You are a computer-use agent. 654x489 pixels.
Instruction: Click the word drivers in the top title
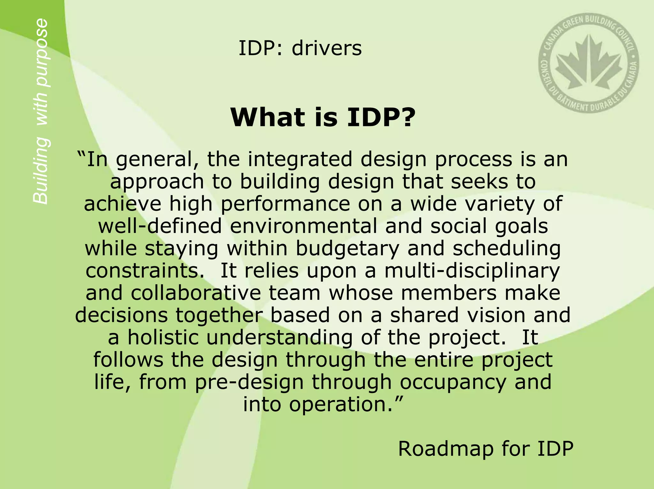coord(326,48)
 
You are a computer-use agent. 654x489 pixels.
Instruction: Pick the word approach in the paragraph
coord(157,182)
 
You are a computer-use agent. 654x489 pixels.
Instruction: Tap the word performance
coord(285,204)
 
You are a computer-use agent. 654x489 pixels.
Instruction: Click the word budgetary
coord(347,248)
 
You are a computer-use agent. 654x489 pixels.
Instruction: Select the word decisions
coord(122,315)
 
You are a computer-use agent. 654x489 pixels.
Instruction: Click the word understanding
coord(279,337)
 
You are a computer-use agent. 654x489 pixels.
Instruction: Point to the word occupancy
coord(453,382)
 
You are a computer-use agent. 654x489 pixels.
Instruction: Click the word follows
coord(128,359)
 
